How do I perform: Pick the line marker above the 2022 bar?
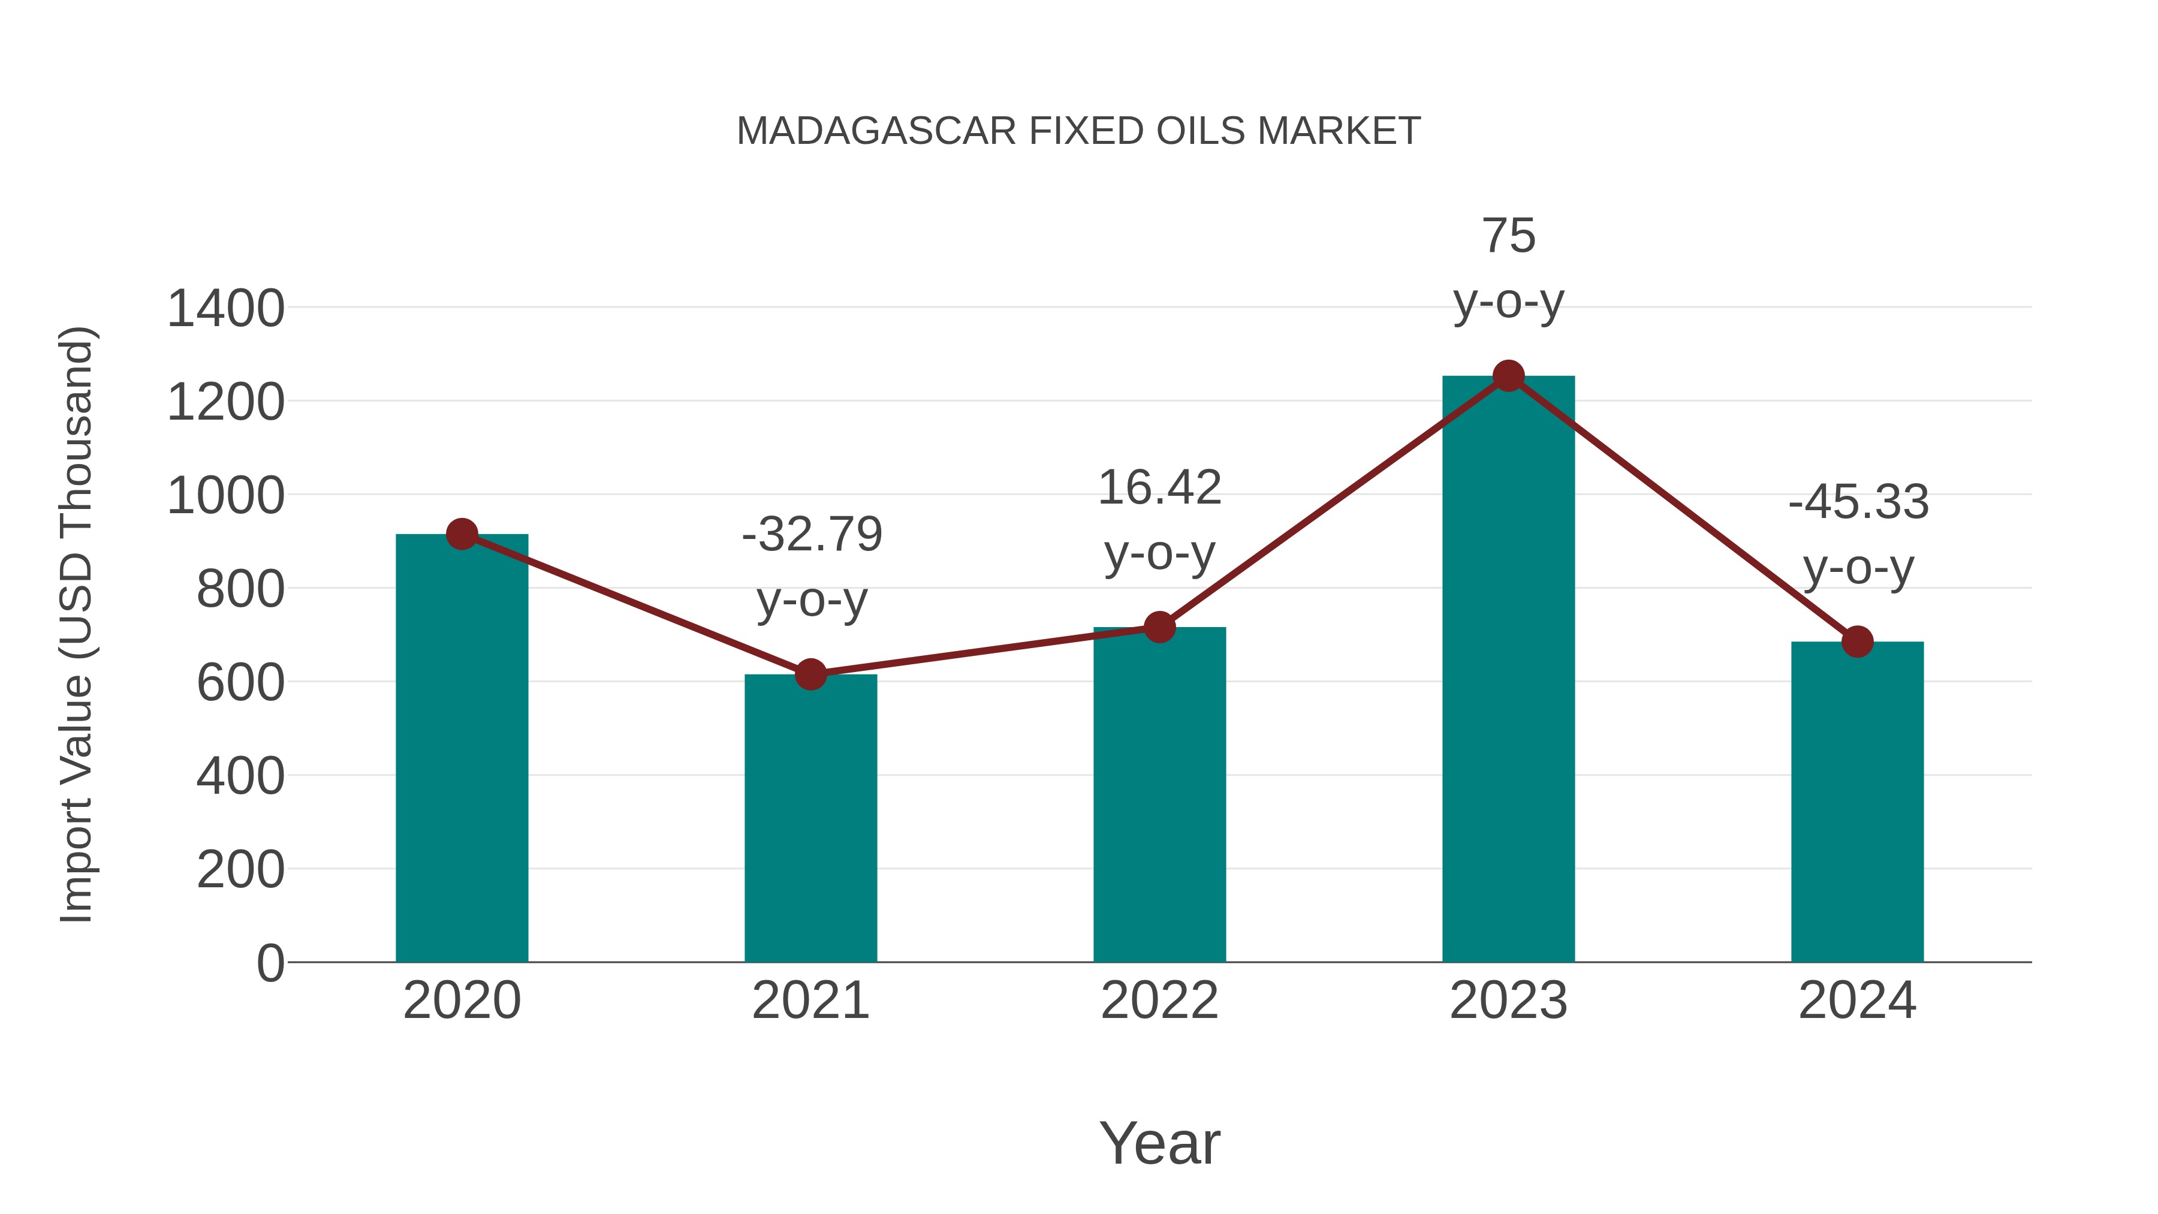pyautogui.click(x=1159, y=626)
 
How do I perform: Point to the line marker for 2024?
pyautogui.click(x=1857, y=641)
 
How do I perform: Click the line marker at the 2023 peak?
pyautogui.click(x=1508, y=376)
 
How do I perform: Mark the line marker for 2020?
pyautogui.click(x=462, y=534)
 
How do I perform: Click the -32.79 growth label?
pyautogui.click(x=812, y=535)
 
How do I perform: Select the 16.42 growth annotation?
pyautogui.click(x=1159, y=487)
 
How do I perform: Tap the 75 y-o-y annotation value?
pyautogui.click(x=1509, y=236)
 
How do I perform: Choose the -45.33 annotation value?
pyautogui.click(x=1858, y=503)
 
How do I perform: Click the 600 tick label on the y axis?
pyautogui.click(x=240, y=682)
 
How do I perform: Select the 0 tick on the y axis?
pyautogui.click(x=270, y=963)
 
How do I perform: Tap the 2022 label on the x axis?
pyautogui.click(x=1159, y=1001)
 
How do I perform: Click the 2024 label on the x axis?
pyautogui.click(x=1857, y=1001)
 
